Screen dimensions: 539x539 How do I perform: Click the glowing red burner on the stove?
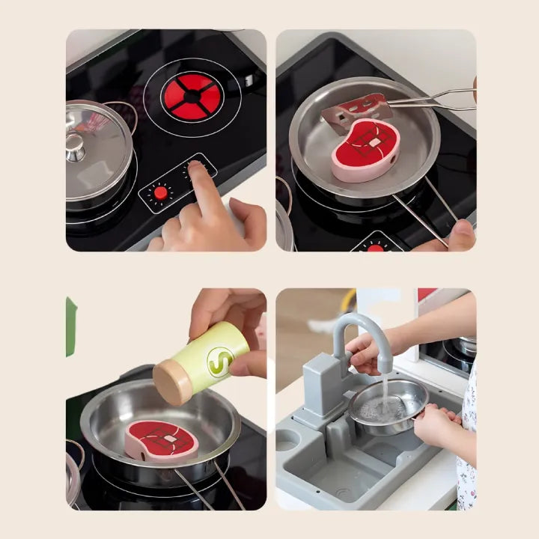(192, 97)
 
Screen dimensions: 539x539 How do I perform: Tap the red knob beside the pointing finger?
(160, 193)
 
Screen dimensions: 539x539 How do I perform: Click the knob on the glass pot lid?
(75, 147)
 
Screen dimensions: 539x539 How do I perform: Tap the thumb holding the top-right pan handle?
(462, 234)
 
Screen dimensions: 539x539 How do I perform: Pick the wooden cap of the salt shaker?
(171, 382)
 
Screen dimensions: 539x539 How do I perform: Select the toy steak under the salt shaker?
(161, 440)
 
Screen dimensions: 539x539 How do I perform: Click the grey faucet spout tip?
(386, 370)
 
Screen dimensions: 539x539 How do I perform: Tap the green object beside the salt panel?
(70, 326)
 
